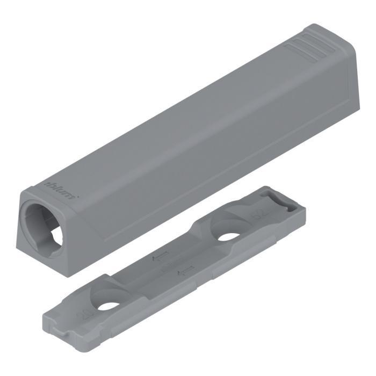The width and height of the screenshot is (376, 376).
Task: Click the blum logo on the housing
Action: pyautogui.click(x=60, y=189)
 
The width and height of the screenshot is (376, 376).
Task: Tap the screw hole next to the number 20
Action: pyautogui.click(x=109, y=305)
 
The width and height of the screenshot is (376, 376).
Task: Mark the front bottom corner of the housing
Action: pyautogui.click(x=67, y=274)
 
